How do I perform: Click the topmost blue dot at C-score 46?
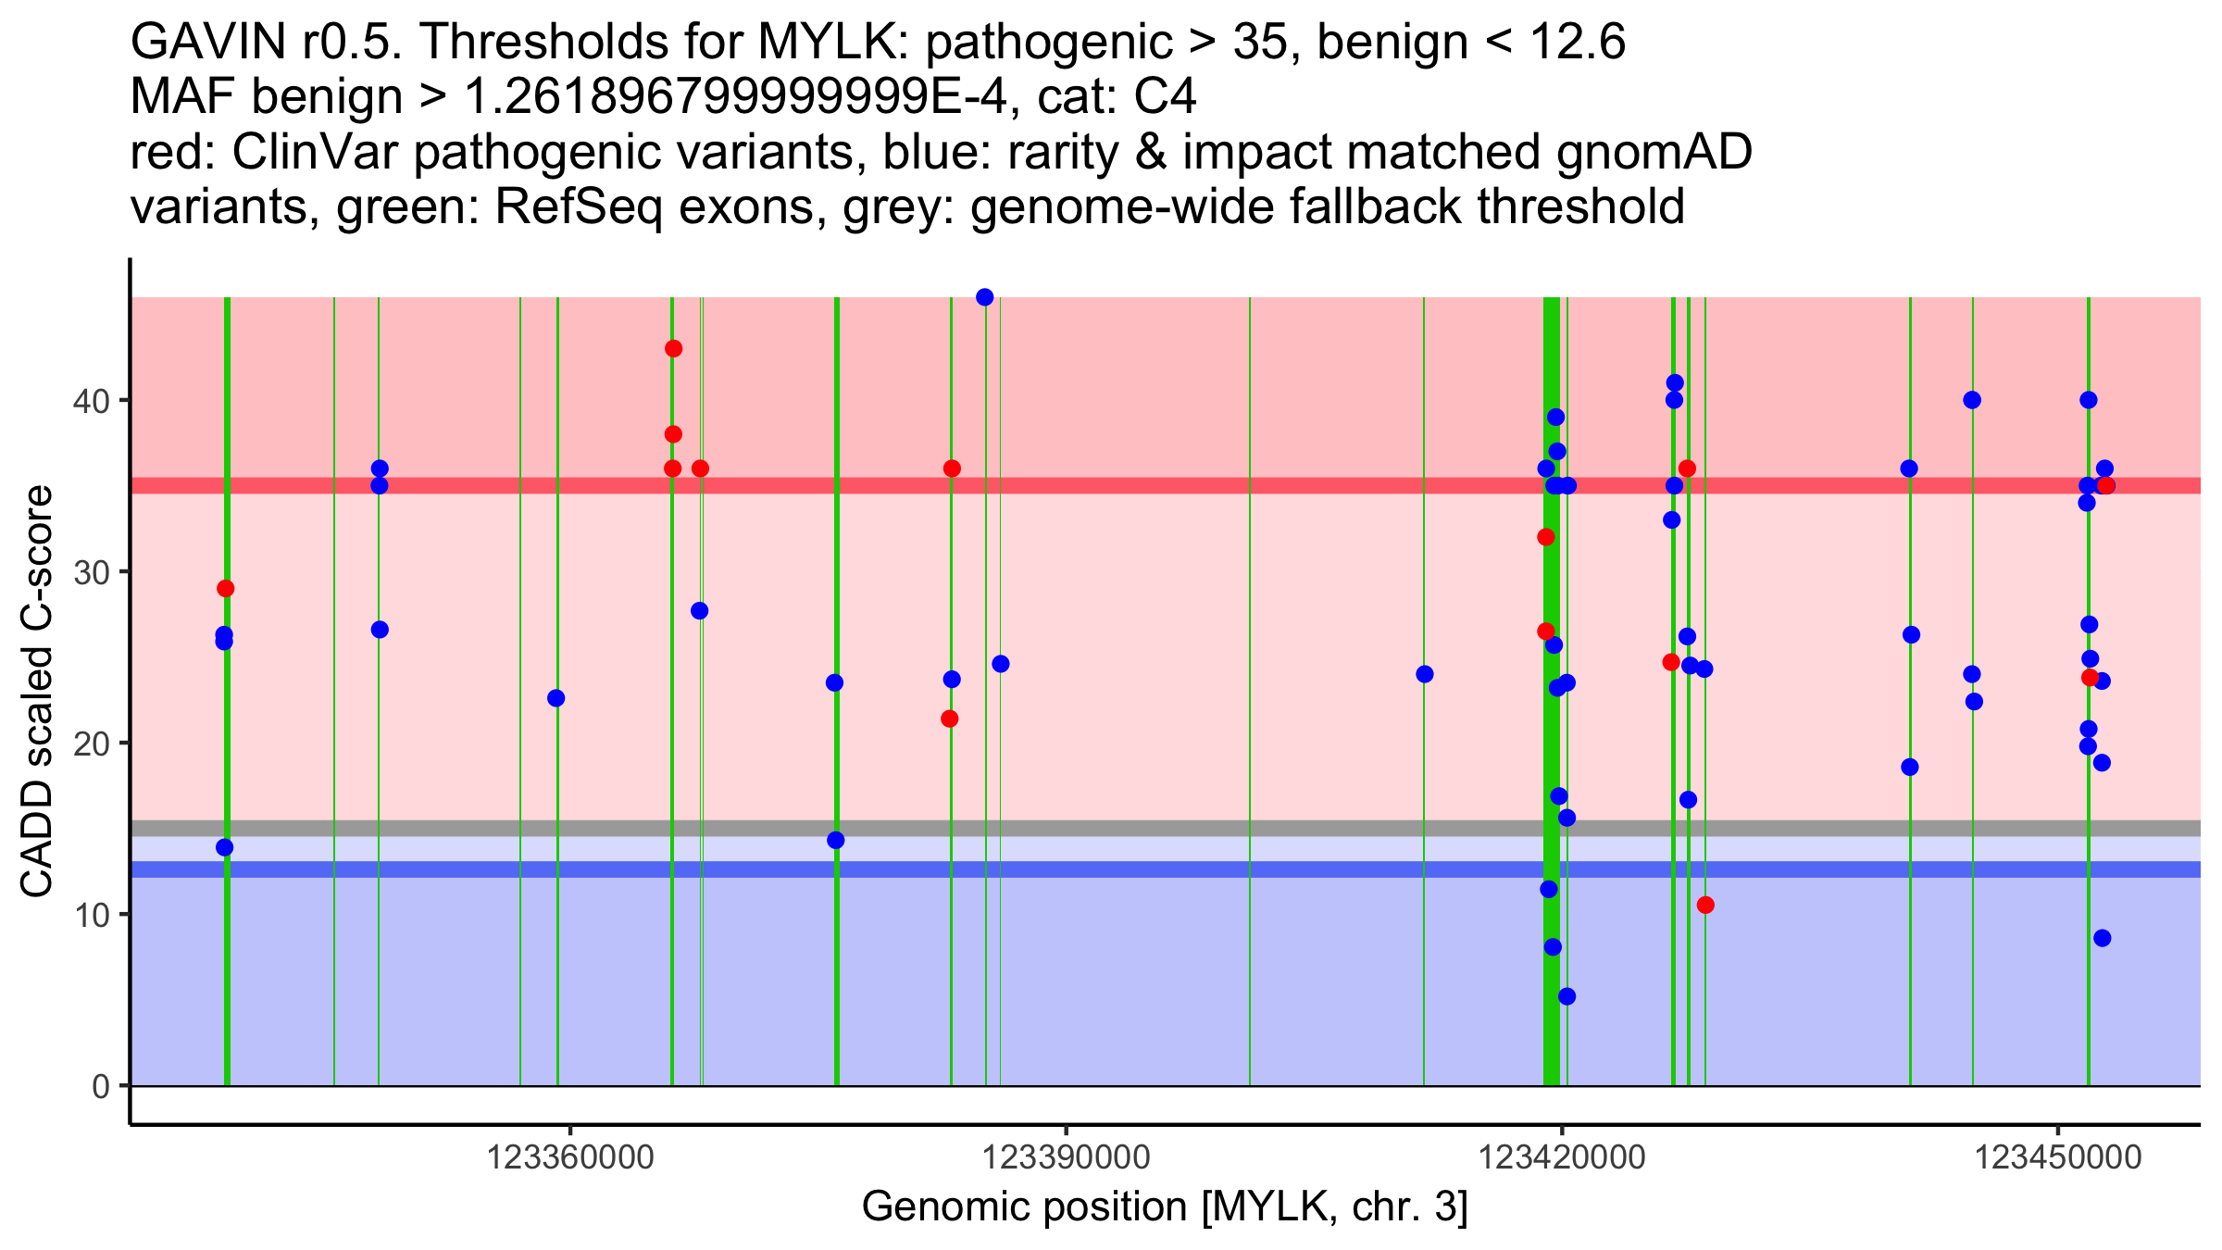[x=985, y=297]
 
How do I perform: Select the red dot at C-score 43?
[x=673, y=349]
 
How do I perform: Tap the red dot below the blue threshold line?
[x=1705, y=905]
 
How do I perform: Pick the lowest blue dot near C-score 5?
[x=1567, y=996]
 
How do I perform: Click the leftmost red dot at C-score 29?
[x=226, y=589]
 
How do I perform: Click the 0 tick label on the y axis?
[x=101, y=1086]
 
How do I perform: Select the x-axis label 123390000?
[x=1067, y=1157]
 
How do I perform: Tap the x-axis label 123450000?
[x=2058, y=1157]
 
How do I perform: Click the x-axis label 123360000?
[x=570, y=1157]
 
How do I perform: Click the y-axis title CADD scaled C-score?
[x=37, y=692]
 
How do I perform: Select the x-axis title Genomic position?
[x=1165, y=1207]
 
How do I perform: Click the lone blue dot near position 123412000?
[x=1425, y=674]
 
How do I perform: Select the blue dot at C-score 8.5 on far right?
[x=2103, y=938]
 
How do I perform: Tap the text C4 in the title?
[x=1165, y=97]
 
